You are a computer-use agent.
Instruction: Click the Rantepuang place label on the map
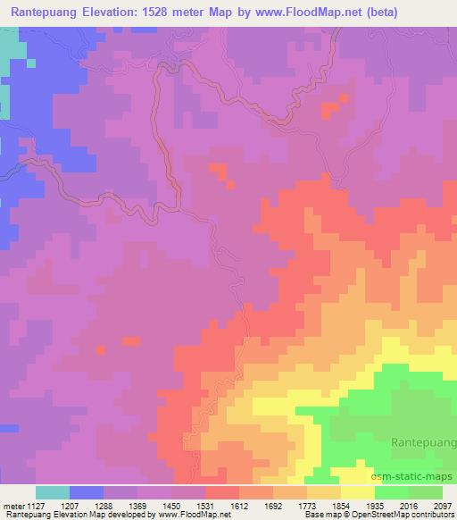point(422,441)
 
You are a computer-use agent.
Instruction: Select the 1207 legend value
point(87,506)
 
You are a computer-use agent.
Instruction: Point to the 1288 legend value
point(120,506)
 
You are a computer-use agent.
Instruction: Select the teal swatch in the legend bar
point(53,492)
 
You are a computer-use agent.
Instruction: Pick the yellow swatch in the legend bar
point(358,492)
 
